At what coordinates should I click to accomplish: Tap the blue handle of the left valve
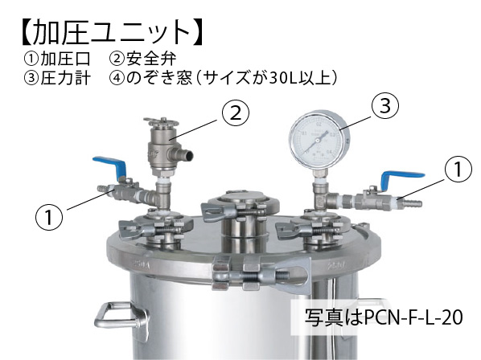click(x=109, y=165)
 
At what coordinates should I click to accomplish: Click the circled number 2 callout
click(x=236, y=113)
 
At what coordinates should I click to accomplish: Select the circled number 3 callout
click(x=385, y=105)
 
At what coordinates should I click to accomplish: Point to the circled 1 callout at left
click(x=49, y=217)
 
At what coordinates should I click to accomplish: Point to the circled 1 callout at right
click(x=458, y=169)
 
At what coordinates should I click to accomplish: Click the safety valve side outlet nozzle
click(x=183, y=154)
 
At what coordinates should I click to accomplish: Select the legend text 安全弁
click(x=151, y=59)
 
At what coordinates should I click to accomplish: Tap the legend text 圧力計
click(x=65, y=78)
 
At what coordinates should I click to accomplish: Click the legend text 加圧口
click(x=65, y=59)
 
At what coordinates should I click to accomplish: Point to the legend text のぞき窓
click(x=159, y=78)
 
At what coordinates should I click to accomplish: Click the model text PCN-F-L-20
click(x=413, y=317)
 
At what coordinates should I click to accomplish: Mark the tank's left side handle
click(x=121, y=316)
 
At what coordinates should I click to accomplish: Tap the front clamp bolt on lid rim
click(x=261, y=274)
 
